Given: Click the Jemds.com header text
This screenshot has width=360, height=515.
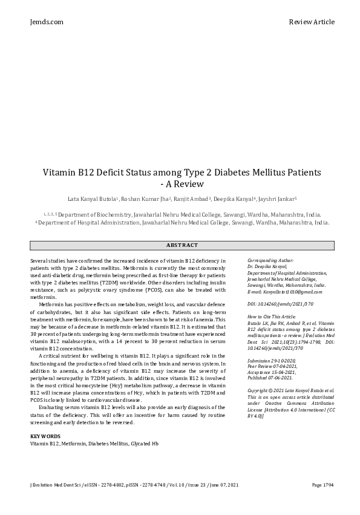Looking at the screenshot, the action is pyautogui.click(x=47, y=22).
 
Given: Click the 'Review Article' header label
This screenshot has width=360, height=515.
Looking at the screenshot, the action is pyautogui.click(x=312, y=22).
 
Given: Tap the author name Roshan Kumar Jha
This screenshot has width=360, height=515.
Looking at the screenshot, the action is pyautogui.click(x=146, y=199).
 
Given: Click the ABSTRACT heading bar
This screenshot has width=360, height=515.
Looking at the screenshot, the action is pyautogui.click(x=182, y=245).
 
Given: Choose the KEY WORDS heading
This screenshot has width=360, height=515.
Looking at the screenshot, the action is pyautogui.click(x=45, y=452).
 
